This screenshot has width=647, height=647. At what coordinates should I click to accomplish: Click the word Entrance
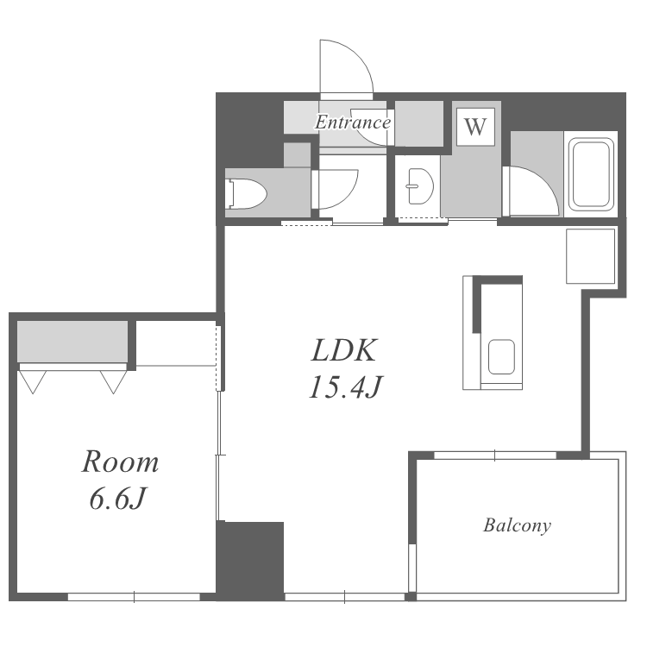pyautogui.click(x=353, y=122)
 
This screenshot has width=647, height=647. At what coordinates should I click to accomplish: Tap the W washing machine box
pyautogui.click(x=475, y=127)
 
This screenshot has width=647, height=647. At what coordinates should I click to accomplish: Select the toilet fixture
pyautogui.click(x=247, y=193)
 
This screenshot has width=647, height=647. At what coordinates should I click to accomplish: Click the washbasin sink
pyautogui.click(x=420, y=185)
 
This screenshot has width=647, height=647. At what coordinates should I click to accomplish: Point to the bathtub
pyautogui.click(x=590, y=174)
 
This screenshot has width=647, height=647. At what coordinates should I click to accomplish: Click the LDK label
pyautogui.click(x=343, y=351)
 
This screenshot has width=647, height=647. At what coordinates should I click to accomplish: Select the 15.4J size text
pyautogui.click(x=346, y=387)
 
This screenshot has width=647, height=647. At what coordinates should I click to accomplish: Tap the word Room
pyautogui.click(x=120, y=462)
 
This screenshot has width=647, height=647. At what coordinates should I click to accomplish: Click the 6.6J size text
pyautogui.click(x=117, y=498)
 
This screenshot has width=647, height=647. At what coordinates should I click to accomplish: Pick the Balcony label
pyautogui.click(x=517, y=525)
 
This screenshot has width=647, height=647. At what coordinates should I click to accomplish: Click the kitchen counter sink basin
pyautogui.click(x=501, y=357)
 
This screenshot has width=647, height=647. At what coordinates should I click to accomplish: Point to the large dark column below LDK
pyautogui.click(x=250, y=561)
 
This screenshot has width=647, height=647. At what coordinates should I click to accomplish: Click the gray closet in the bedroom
pyautogui.click(x=72, y=342)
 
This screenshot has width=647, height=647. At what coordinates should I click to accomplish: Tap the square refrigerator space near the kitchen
pyautogui.click(x=590, y=256)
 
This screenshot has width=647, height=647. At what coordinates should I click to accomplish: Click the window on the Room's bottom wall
pyautogui.click(x=134, y=597)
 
